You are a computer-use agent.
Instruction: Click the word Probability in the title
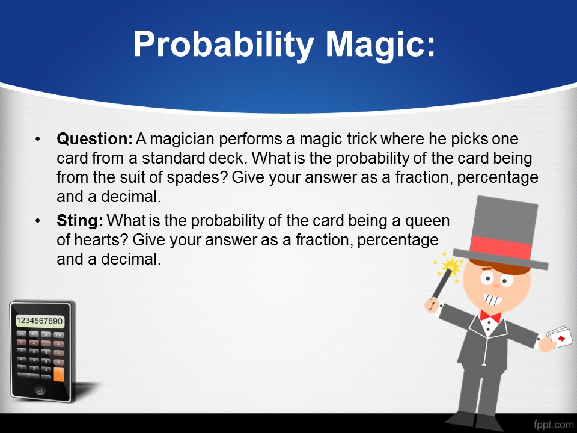pos(224,45)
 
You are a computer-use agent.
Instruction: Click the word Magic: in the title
pos(380,45)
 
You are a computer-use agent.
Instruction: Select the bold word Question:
pos(94,139)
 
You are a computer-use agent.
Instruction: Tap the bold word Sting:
pos(80,221)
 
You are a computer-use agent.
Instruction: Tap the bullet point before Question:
pos(37,140)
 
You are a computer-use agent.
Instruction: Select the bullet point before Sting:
pos(37,221)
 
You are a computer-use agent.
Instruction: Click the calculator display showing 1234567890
pos(40,321)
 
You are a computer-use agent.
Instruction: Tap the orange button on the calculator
pos(58,374)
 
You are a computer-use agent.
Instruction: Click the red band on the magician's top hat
pos(501,247)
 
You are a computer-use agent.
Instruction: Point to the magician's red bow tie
pos(490,317)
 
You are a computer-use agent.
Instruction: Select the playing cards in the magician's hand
pos(560,336)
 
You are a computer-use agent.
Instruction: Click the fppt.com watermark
pos(553,424)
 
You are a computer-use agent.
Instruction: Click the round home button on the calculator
pos(40,390)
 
